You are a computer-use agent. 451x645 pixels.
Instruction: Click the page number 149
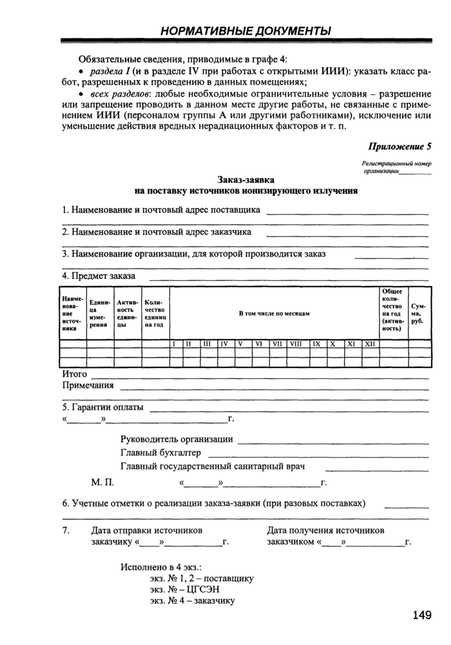point(421,615)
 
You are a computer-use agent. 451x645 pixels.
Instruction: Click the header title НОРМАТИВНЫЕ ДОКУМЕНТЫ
point(245,31)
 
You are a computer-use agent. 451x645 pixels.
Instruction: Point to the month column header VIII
point(296,344)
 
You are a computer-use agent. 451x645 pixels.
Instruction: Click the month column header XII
point(370,344)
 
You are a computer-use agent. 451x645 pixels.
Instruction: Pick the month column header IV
point(225,344)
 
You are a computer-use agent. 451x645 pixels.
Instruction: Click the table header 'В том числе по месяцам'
point(274,313)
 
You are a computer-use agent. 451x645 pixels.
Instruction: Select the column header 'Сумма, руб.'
point(417,313)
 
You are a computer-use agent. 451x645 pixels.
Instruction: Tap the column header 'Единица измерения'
point(100,313)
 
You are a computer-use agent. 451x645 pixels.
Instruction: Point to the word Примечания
point(88,386)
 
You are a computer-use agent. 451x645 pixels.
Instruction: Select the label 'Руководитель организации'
point(177,439)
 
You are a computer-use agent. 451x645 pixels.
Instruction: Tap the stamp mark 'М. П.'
point(102,482)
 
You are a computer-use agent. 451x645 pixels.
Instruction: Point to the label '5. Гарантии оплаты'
point(102,408)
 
